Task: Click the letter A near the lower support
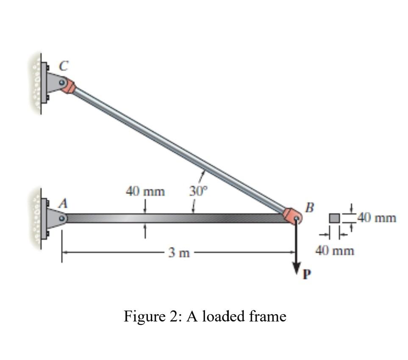62,204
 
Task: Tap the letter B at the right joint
310,208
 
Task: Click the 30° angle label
197,192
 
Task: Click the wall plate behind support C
44,82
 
